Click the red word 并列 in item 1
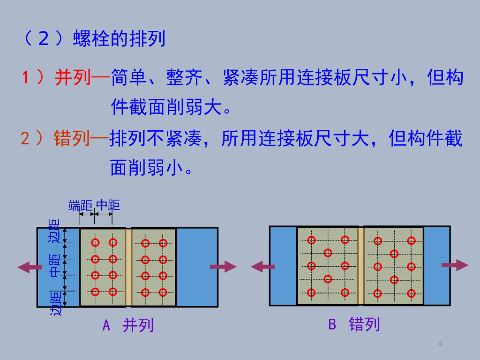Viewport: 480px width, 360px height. [x=73, y=77]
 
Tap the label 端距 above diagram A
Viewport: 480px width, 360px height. [x=80, y=205]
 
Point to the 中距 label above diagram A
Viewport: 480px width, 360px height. [x=108, y=205]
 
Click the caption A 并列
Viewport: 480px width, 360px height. [x=128, y=325]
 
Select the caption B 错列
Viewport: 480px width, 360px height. [x=354, y=324]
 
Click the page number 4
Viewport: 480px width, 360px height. [x=440, y=345]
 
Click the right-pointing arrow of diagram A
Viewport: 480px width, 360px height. [x=223, y=267]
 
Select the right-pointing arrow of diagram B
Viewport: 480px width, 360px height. [x=455, y=265]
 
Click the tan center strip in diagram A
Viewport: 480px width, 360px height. [x=128, y=267]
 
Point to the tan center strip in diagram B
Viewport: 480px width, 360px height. [x=361, y=266]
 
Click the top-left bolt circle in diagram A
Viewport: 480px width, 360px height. [x=95, y=243]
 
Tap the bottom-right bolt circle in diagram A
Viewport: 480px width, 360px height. [x=163, y=292]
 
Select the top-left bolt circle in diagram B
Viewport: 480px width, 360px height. [x=311, y=240]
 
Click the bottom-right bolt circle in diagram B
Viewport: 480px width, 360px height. [x=411, y=293]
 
